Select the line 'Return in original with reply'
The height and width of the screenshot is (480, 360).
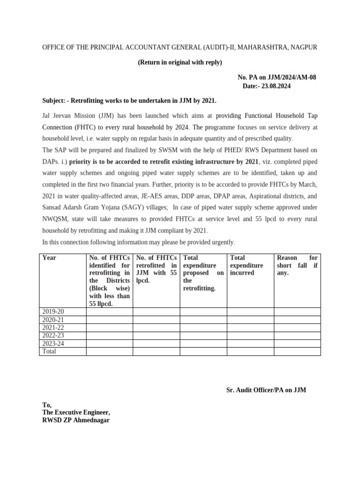coord(180,62)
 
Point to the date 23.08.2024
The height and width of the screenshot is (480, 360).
coord(279,86)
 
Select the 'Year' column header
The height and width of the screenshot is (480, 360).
coord(49,258)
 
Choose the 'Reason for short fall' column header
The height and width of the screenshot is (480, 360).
coord(297,265)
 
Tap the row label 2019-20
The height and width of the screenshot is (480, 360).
coord(53,312)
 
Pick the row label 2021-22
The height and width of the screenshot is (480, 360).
coord(53,328)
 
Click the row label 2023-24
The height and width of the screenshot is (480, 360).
coord(53,344)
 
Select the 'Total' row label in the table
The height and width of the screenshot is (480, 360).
coord(49,352)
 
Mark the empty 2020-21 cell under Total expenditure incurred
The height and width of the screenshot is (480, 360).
coord(250,320)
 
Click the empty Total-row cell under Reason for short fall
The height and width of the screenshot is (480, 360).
coord(297,352)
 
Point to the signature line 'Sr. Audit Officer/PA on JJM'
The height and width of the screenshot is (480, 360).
coord(266,390)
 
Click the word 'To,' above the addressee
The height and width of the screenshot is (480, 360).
coord(47,405)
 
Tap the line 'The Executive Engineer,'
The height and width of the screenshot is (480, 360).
coord(76,412)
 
